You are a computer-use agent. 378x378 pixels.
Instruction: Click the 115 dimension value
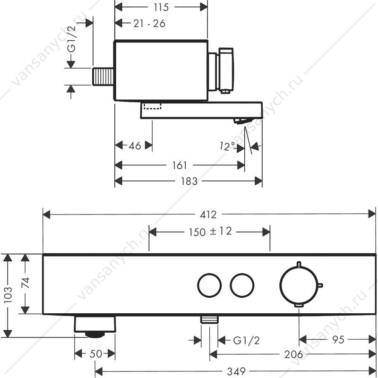coord(161,7)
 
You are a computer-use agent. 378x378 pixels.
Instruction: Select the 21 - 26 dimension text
coord(149,24)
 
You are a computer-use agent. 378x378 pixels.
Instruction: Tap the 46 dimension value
coord(135,146)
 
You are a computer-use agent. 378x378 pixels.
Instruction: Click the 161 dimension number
coord(180,166)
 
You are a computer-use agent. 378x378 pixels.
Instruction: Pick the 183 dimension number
coord(189,181)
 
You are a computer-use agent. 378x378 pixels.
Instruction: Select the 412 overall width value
coord(208,215)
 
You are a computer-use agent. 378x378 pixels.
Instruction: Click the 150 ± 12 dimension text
coord(210,232)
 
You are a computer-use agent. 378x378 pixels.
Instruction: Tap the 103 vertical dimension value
coord(8,294)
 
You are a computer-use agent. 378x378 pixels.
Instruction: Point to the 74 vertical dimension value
coord(26,283)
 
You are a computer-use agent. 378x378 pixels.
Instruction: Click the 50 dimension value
coord(96,354)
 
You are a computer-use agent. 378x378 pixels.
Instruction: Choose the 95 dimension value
coord(338,340)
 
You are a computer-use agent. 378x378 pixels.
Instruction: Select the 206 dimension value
coord(293,355)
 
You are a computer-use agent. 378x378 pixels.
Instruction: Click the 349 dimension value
coord(236,371)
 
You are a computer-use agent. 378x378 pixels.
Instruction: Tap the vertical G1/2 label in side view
coord(72,39)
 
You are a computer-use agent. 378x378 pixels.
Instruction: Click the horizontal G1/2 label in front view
coord(246,341)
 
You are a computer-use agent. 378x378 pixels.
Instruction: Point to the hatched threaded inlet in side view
coord(103,77)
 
